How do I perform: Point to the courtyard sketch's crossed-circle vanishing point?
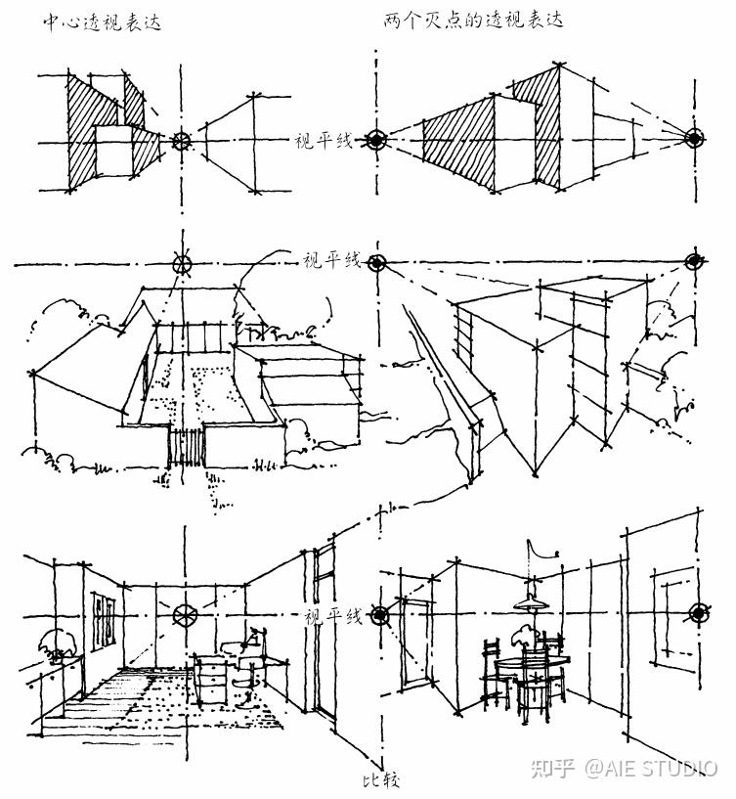tap(179, 262)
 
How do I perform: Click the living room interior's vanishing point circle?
tap(183, 615)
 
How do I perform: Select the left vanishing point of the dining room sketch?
tap(379, 614)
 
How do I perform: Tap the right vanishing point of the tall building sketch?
tap(696, 262)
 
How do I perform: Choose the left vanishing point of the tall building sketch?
tap(377, 262)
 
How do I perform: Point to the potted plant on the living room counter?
tap(54, 645)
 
